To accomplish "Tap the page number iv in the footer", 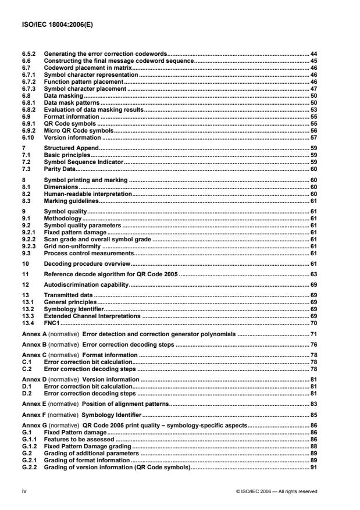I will tap(22, 491).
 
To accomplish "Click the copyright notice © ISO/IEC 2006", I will tap(276, 491).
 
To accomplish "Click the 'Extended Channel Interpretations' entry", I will tap(84, 316).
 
